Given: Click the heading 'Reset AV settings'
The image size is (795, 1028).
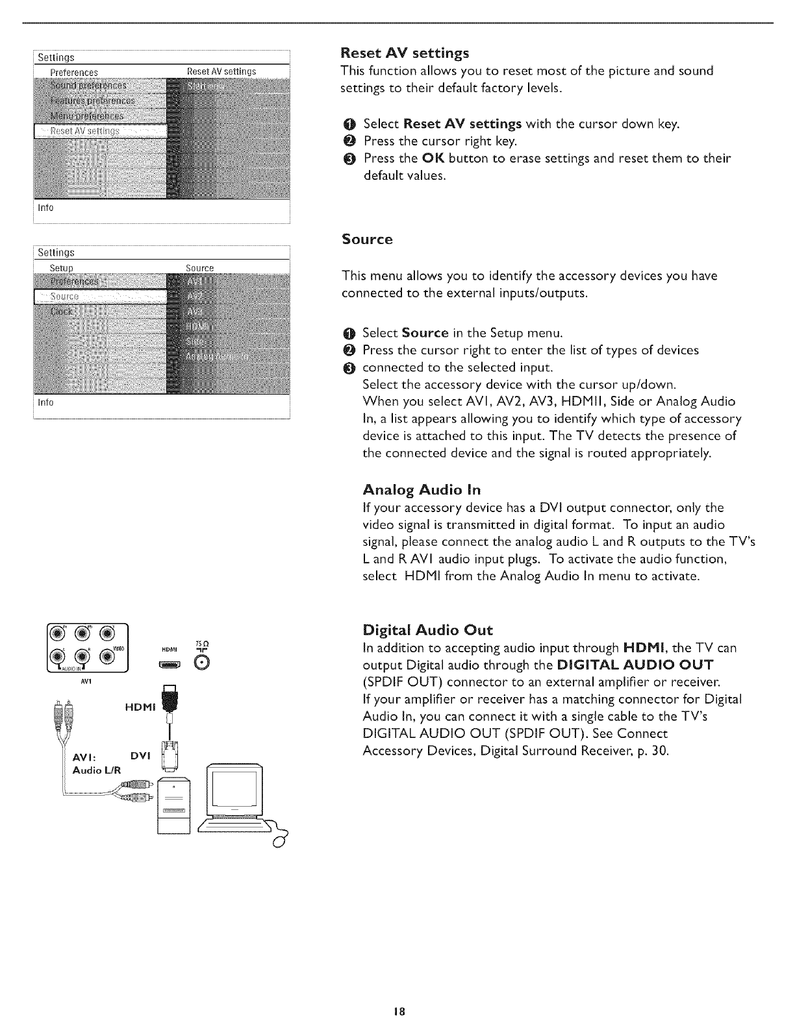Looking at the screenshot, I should tap(405, 52).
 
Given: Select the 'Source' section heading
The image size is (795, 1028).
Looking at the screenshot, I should tap(367, 239).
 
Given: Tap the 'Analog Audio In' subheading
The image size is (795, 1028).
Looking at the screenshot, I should tap(422, 489).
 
